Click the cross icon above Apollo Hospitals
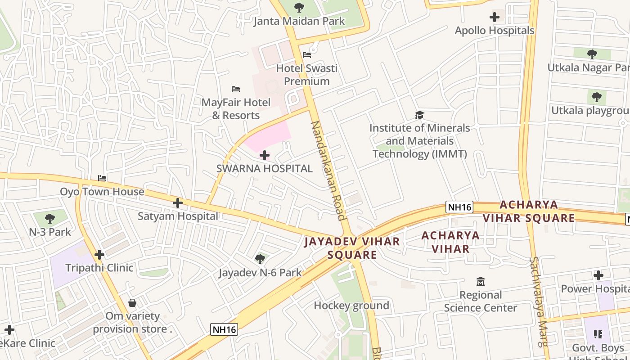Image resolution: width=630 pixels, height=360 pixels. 494,18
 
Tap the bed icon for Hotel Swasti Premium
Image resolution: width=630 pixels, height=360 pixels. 307,55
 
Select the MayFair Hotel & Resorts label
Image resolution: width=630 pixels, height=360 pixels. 236,109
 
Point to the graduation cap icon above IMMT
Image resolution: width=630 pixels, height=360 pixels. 419,115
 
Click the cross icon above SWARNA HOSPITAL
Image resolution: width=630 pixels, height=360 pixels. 265,156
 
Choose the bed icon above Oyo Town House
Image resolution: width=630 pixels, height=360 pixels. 102,178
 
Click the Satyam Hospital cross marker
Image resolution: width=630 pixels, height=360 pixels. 178,203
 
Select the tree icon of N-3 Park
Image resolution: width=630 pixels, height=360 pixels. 50,219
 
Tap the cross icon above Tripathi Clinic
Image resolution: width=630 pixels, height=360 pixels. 99,255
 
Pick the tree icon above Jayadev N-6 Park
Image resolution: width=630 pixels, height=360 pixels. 260,259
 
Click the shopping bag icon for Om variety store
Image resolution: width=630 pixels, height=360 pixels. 132,303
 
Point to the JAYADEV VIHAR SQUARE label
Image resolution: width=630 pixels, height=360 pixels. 352,248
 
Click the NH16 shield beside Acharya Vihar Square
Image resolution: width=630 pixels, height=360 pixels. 459,207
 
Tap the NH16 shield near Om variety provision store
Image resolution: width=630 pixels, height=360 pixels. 224,329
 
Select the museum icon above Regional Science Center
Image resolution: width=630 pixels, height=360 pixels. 480,282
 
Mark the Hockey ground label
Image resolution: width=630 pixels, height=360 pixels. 351,306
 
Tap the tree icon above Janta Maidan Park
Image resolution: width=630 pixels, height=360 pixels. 299,8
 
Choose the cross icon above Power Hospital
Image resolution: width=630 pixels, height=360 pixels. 598,275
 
